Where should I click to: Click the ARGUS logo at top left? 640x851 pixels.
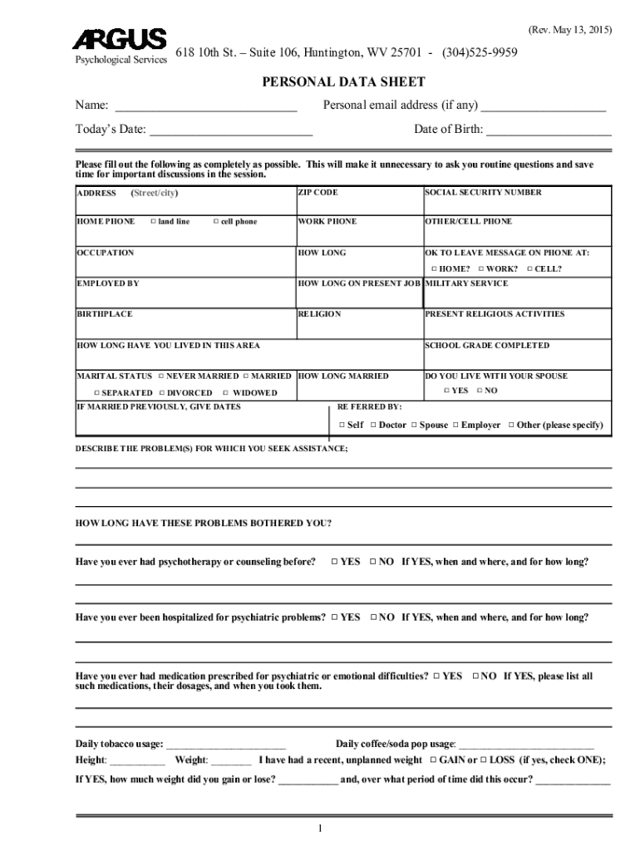pos(120,41)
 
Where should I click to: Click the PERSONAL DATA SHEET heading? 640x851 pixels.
pos(343,81)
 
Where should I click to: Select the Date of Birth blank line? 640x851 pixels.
pos(549,131)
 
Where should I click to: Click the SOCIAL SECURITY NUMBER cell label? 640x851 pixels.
pos(483,193)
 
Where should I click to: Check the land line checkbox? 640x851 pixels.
pos(154,222)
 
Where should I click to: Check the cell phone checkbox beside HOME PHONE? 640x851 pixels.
pos(215,222)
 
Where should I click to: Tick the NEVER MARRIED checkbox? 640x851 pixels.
pos(160,376)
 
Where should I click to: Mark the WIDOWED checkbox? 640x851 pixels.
pos(226,393)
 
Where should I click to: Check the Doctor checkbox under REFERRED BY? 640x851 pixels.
pos(373,425)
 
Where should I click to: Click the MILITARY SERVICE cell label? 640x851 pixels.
pos(466,283)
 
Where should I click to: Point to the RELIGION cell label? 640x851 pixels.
pos(319,315)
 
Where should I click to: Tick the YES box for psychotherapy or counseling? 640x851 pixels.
pos(333,562)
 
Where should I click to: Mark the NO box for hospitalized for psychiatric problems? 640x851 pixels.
pos(373,617)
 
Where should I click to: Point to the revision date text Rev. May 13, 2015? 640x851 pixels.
pos(569,30)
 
